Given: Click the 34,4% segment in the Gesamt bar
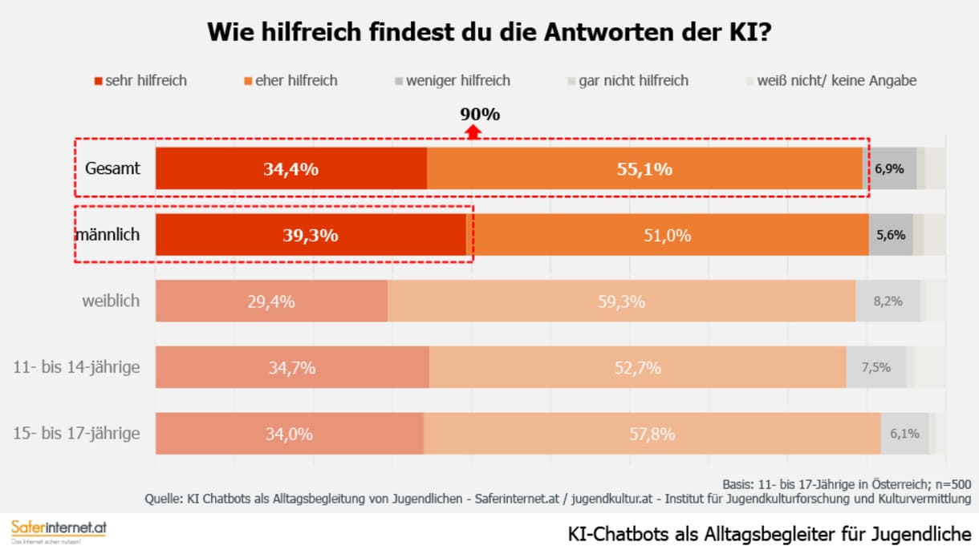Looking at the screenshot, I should pyautogui.click(x=291, y=169).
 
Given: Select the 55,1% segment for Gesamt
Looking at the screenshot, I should pyautogui.click(x=645, y=169).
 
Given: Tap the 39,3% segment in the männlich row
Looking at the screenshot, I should pyautogui.click(x=311, y=236).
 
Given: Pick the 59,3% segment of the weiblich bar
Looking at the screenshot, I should pyautogui.click(x=621, y=301).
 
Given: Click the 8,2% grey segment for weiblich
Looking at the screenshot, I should pyautogui.click(x=888, y=301).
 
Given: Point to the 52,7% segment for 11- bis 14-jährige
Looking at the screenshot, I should pyautogui.click(x=637, y=368).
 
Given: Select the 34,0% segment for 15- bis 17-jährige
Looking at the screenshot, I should pyautogui.click(x=290, y=434).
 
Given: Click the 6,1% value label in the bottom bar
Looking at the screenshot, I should pyautogui.click(x=904, y=434).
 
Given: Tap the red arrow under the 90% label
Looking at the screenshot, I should pyautogui.click(x=473, y=132).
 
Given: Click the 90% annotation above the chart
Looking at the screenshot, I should pyautogui.click(x=480, y=114).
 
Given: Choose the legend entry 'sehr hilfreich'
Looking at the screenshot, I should pyautogui.click(x=140, y=80).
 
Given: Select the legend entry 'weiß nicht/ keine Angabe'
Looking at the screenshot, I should pyautogui.click(x=831, y=80).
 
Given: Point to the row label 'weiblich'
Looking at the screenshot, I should pyautogui.click(x=111, y=301).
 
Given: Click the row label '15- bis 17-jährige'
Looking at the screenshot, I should pyautogui.click(x=77, y=434).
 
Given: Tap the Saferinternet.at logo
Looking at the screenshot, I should pyautogui.click(x=59, y=530).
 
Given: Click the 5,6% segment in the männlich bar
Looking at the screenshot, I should pyautogui.click(x=891, y=236).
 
